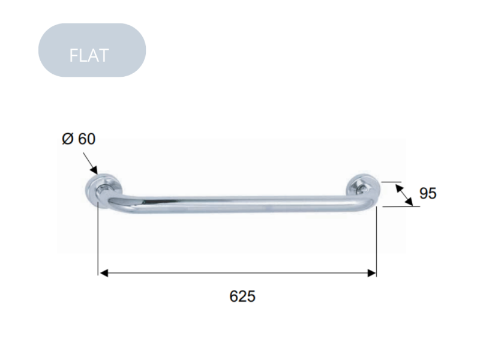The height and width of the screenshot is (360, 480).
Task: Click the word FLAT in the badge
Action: (89, 55)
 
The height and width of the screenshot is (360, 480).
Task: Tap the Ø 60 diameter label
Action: (79, 139)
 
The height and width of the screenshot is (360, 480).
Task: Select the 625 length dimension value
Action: (242, 296)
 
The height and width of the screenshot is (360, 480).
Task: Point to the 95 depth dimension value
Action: (428, 193)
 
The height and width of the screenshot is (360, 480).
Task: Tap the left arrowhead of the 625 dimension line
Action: (104, 273)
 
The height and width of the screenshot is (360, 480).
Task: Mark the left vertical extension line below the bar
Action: (98, 240)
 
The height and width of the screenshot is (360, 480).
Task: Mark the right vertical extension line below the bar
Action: (376, 240)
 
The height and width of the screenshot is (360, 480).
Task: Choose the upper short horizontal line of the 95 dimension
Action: (391, 182)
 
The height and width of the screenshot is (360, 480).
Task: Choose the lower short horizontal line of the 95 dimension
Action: (396, 206)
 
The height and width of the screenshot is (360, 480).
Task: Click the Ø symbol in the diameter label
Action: (67, 139)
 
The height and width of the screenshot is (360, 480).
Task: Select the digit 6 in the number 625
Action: (234, 296)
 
